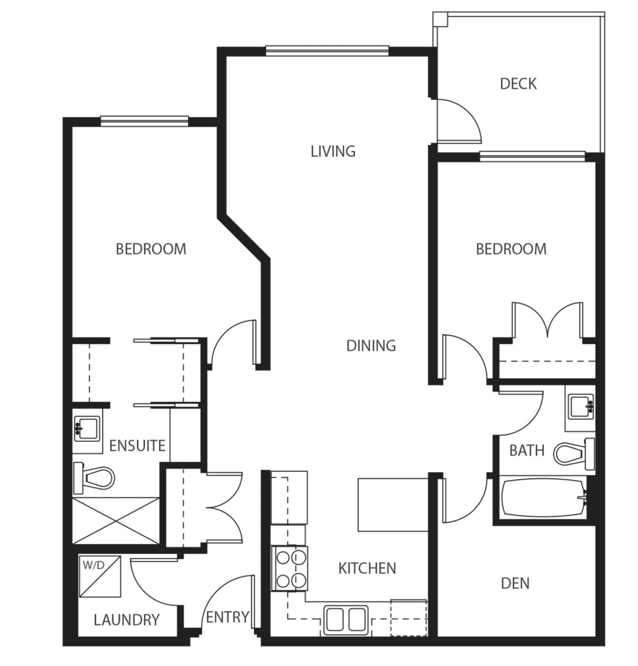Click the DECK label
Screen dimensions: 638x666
[518, 84]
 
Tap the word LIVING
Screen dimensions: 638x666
[333, 152]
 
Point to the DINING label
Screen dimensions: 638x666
[371, 346]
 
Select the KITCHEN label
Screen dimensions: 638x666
[367, 568]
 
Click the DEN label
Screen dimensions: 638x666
[515, 583]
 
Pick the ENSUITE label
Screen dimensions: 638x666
[137, 446]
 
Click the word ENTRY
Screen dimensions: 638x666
[228, 617]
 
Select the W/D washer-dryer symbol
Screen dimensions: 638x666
[100, 576]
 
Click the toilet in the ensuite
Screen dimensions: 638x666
[93, 478]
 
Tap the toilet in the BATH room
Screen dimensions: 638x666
[574, 454]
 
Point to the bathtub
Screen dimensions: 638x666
[544, 498]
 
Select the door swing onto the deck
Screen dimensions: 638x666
[459, 121]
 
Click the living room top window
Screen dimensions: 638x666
[327, 51]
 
